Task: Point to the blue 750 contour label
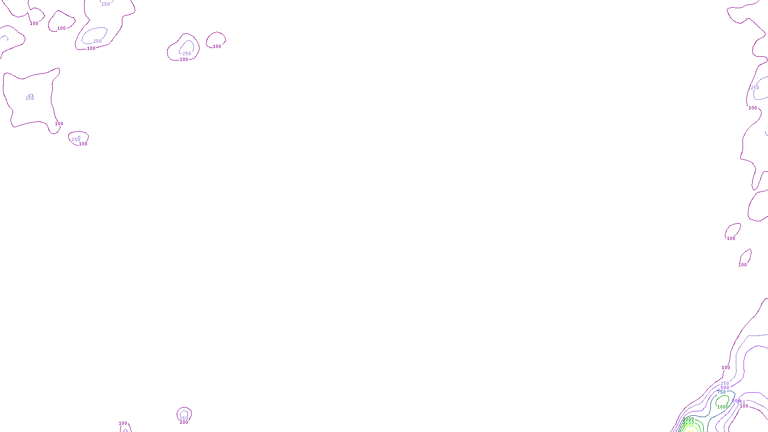coord(721,393)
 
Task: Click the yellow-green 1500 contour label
coord(688,426)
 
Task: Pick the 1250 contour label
coord(688,422)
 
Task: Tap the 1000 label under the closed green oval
coord(723,407)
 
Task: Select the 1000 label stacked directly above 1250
coord(688,419)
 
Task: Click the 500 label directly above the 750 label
coord(724,388)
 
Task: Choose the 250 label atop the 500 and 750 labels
coord(725,384)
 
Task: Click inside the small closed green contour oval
coord(722,400)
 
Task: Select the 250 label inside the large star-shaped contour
coord(30,98)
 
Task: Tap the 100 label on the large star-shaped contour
coord(59,124)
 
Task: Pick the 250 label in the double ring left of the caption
coord(184,418)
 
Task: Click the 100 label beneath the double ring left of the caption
coord(184,422)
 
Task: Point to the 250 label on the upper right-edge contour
coord(755,88)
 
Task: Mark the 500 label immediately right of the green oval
coord(735,401)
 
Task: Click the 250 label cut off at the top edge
coord(106,4)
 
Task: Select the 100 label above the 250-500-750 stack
coord(726,368)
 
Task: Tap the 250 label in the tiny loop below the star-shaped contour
coord(76,140)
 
